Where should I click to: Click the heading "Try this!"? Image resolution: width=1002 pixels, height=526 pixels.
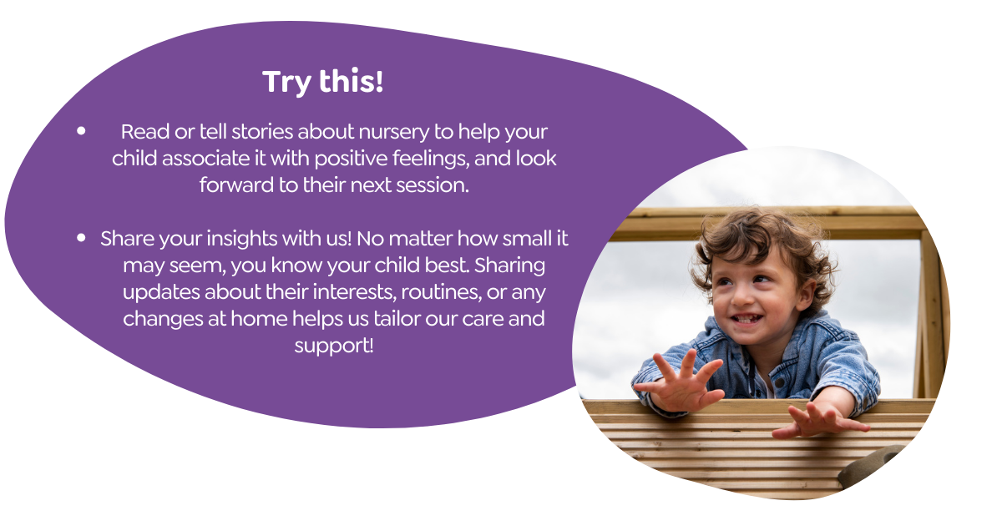[322, 82]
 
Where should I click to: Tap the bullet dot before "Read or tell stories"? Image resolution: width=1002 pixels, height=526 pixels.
[81, 130]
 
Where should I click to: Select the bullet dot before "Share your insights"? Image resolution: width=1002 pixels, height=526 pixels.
[81, 237]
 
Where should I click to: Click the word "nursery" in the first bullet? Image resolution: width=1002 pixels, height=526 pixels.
[393, 133]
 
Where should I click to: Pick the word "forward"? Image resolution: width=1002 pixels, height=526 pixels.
[236, 185]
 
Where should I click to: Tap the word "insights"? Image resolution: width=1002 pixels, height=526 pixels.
[241, 239]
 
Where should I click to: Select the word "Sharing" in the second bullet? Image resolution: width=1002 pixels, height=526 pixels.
[509, 266]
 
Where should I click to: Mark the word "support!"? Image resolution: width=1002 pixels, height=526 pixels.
[334, 346]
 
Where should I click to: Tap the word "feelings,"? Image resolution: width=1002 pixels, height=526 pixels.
[431, 159]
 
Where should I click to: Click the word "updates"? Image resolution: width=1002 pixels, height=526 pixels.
[161, 292]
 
